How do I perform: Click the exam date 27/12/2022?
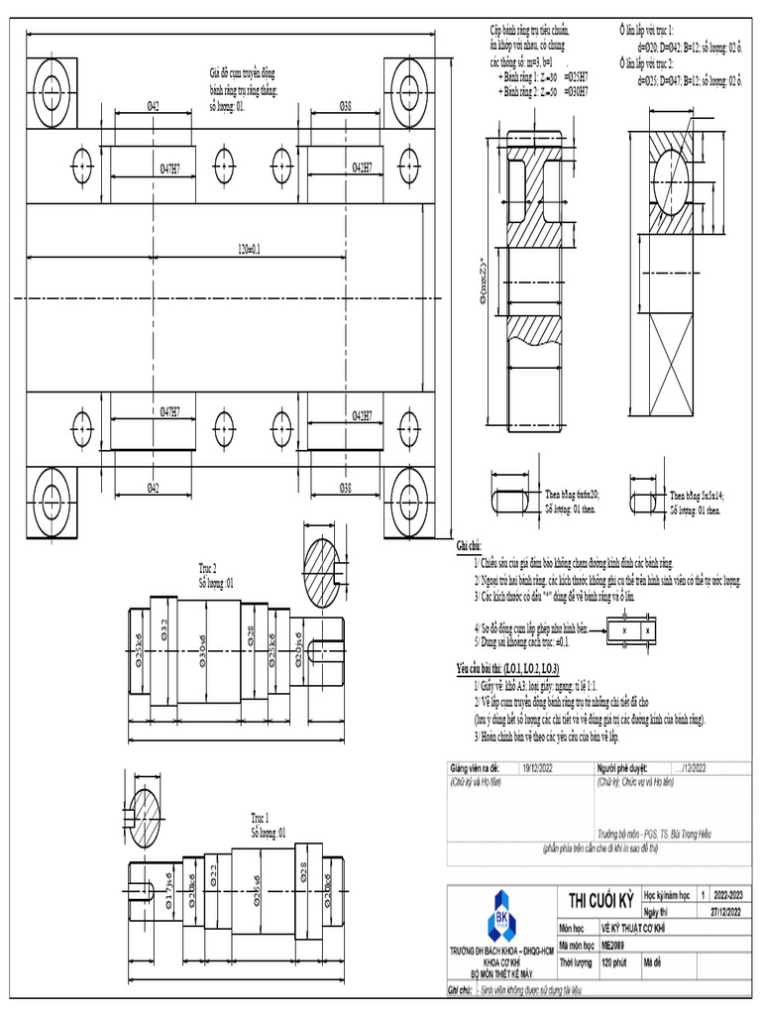tap(727, 911)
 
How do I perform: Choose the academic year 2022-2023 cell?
tap(727, 895)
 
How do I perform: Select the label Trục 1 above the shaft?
tap(260, 819)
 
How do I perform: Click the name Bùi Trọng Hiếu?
tap(688, 834)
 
